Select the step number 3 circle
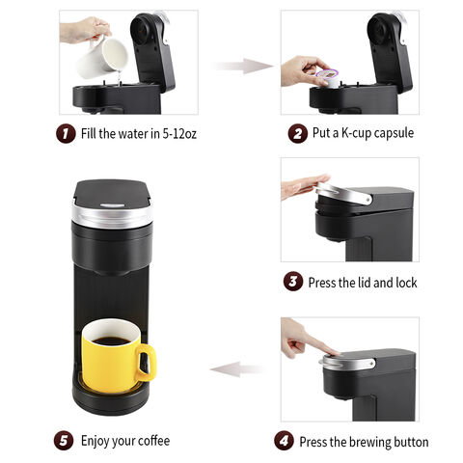pyautogui.click(x=292, y=282)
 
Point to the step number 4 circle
pyautogui.click(x=284, y=441)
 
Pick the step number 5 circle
pyautogui.click(x=65, y=441)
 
